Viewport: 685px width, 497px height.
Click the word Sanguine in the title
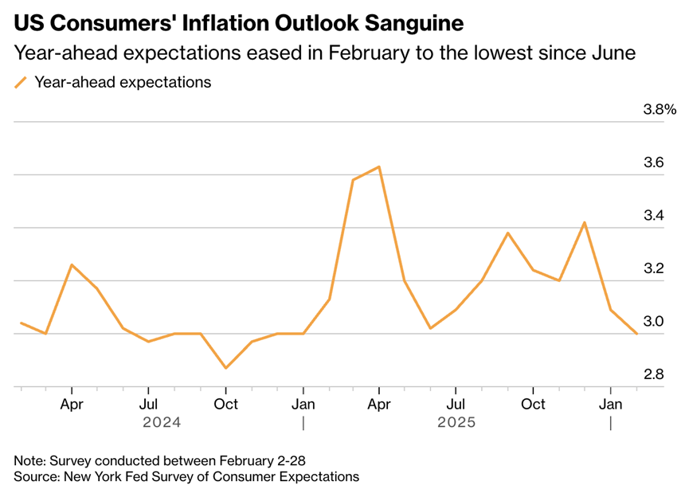pos(409,22)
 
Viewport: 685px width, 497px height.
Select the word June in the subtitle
pos(614,54)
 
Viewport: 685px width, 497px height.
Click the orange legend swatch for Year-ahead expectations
pos(21,82)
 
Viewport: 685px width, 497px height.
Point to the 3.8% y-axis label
pos(660,109)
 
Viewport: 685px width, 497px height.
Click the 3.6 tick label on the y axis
pos(654,162)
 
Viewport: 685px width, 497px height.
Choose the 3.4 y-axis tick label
pos(654,216)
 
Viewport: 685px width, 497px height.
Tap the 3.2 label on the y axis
pos(654,268)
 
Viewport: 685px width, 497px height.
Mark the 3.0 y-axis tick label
pos(654,322)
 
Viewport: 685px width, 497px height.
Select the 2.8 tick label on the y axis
pos(654,374)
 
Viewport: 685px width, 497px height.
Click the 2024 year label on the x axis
pos(162,422)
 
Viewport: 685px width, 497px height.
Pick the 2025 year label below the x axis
pos(456,422)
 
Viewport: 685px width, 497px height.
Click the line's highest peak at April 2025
pos(379,167)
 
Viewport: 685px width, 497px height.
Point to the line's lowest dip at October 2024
pos(226,368)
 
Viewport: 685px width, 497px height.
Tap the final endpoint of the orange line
pos(636,334)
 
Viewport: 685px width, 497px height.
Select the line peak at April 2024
pos(72,264)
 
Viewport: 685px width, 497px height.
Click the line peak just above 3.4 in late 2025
pos(585,222)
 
